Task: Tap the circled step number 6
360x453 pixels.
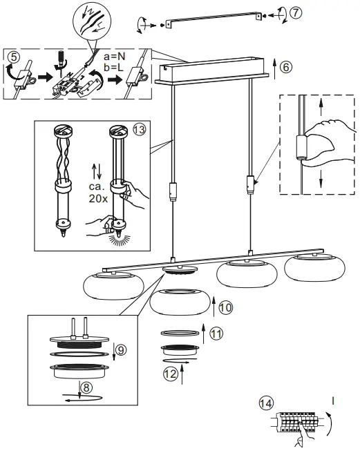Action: [286, 67]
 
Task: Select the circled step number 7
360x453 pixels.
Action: [296, 13]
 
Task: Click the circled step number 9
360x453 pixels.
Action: [121, 351]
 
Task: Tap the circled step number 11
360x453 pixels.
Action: [216, 334]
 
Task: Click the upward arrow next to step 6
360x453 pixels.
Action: [274, 68]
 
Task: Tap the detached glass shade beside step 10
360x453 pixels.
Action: [178, 302]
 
